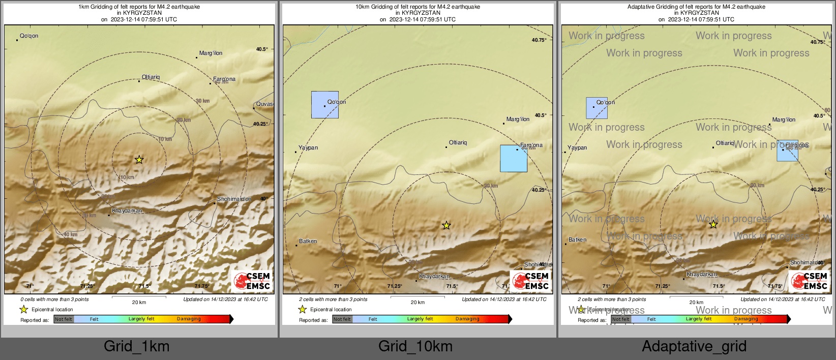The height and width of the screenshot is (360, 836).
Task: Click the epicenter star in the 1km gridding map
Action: (139, 160)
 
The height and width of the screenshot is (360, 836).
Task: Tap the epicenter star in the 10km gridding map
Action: (446, 225)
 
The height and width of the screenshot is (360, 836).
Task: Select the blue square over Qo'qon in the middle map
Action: (325, 105)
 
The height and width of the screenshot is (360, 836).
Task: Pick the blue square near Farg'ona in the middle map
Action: (514, 159)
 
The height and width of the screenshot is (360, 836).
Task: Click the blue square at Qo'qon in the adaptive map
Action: (596, 108)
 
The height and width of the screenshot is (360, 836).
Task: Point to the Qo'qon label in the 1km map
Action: (29, 36)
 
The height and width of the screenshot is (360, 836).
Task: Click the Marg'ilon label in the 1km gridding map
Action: (211, 53)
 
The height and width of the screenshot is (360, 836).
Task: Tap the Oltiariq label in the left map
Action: (151, 77)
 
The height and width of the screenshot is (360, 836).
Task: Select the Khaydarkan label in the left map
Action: (127, 211)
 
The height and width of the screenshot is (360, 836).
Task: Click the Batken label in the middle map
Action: (308, 241)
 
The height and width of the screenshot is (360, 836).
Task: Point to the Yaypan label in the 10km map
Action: (308, 148)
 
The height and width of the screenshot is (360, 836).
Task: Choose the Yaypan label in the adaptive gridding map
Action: (577, 148)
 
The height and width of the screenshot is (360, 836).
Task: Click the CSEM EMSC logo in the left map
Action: (253, 281)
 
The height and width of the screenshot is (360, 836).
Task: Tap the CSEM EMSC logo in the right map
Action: (810, 281)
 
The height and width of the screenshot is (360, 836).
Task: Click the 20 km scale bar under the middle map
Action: (417, 297)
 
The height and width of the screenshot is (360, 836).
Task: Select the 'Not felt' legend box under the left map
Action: (64, 319)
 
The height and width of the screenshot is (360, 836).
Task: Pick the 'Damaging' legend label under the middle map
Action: (467, 319)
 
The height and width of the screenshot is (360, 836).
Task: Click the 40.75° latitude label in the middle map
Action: (539, 40)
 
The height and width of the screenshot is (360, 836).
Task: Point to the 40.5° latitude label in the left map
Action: (262, 49)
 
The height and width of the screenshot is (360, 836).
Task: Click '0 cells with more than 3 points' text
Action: (54, 299)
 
